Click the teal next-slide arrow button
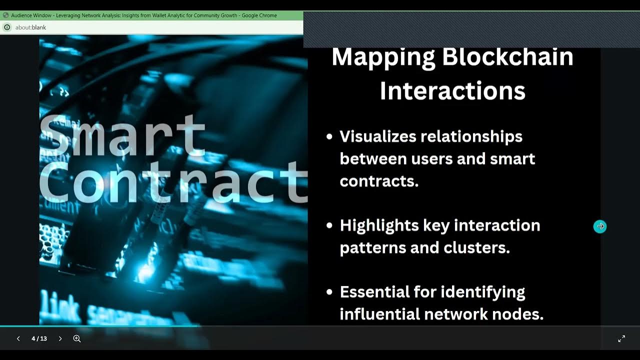tap(600, 226)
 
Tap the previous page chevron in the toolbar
tap(18, 338)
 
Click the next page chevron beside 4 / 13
tap(60, 338)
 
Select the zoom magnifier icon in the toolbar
tap(77, 338)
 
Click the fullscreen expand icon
tap(621, 338)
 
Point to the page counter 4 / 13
tap(39, 338)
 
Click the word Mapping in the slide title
tap(383, 57)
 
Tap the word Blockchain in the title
tap(507, 57)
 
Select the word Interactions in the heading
tap(452, 91)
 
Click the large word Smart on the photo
tap(122, 135)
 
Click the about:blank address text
tap(30, 27)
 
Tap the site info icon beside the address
tap(7, 27)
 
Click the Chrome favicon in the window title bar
tap(5, 15)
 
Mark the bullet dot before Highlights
tap(329, 226)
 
